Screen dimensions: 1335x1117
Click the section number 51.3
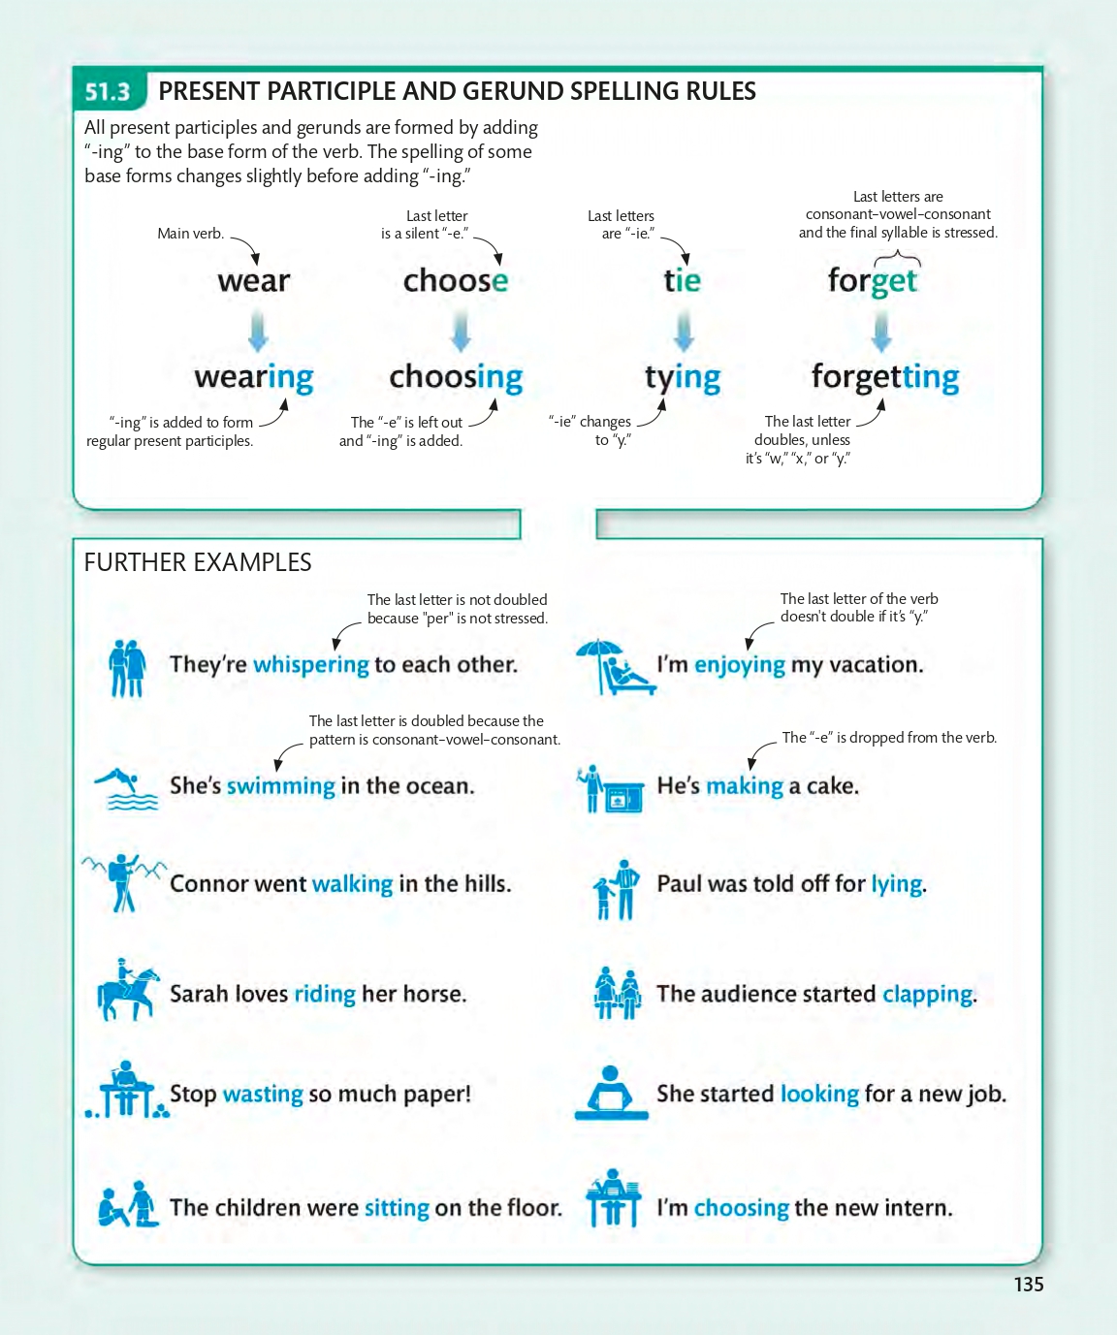tap(108, 92)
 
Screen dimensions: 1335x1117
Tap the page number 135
tap(1028, 1285)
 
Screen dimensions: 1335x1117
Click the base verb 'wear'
tap(254, 281)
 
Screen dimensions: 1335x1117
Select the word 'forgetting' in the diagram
tap(885, 377)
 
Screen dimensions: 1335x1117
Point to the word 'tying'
tap(683, 378)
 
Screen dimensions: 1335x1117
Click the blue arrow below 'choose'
tap(461, 332)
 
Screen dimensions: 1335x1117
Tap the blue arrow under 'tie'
tap(684, 332)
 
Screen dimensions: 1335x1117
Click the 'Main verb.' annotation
tap(191, 234)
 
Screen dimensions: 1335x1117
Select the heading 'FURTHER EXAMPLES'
tap(198, 562)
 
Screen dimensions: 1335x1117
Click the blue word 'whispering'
tap(310, 665)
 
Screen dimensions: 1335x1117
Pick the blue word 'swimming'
tap(280, 786)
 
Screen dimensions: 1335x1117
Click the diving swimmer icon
tap(126, 788)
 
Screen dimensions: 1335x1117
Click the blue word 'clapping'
tap(927, 995)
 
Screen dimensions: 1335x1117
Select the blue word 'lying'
tap(896, 884)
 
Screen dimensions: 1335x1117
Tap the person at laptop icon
tap(611, 1093)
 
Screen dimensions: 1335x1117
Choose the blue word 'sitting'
tap(397, 1208)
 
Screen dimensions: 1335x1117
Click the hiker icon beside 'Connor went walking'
tap(123, 882)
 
